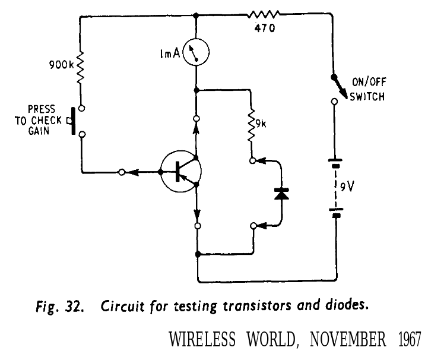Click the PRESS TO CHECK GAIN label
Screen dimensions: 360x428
point(44,120)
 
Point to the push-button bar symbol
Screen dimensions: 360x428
point(72,121)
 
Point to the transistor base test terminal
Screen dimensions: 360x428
point(121,172)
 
